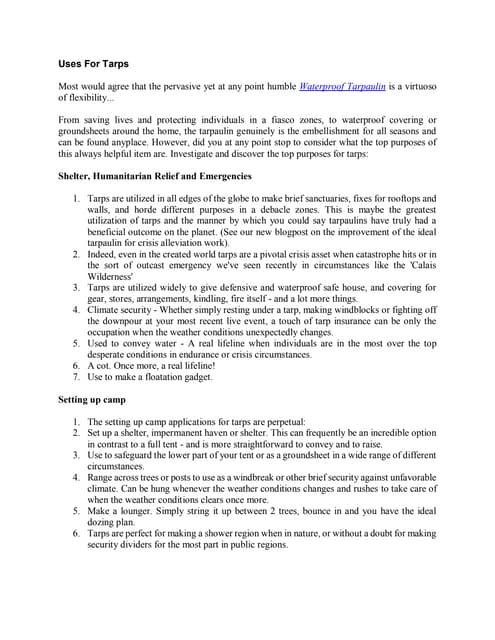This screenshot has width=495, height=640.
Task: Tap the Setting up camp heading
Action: click(x=93, y=399)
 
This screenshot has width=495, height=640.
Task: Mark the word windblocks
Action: click(x=355, y=310)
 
